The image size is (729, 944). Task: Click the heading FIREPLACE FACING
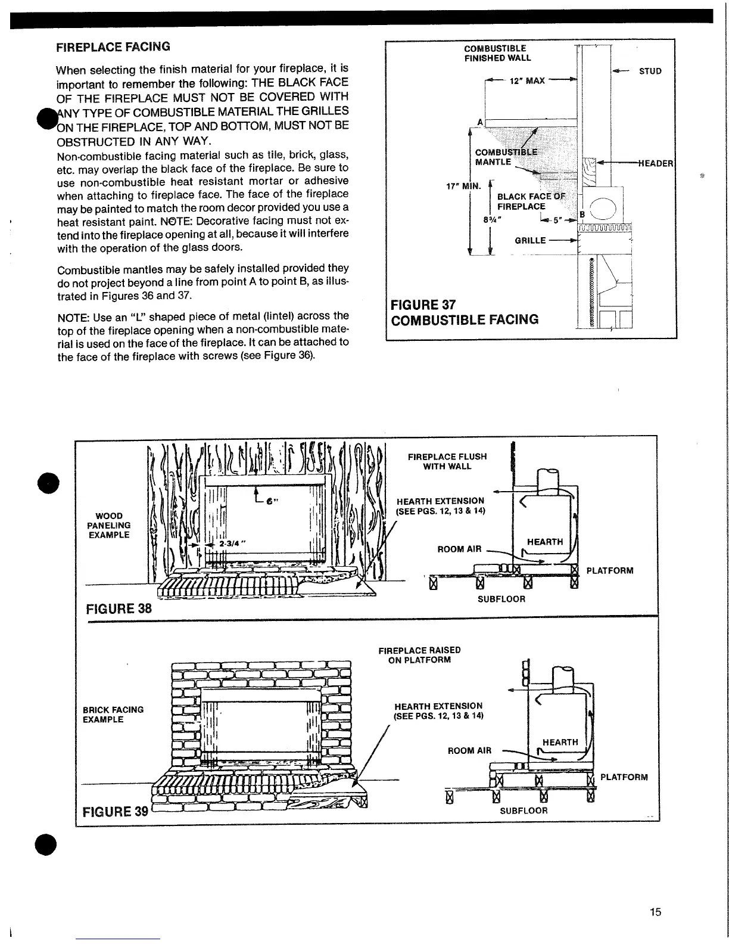113,46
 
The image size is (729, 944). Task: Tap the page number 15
656,912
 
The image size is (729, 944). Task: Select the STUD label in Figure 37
650,72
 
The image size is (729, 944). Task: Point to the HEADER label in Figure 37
656,164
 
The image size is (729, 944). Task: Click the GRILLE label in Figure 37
531,241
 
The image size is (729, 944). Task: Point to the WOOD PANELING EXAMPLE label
109,525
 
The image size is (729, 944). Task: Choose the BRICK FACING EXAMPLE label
113,715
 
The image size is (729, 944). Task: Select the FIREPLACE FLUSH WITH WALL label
447,461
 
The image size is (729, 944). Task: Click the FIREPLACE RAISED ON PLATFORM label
419,655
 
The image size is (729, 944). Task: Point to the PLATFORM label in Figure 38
610,571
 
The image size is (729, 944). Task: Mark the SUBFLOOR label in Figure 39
523,811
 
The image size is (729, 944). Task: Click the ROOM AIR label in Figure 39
470,750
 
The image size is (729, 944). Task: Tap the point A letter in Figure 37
479,122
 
